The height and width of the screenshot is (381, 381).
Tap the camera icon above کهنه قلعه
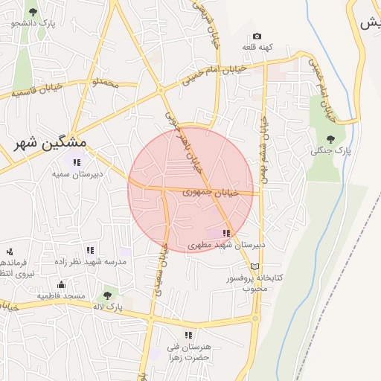click(257, 36)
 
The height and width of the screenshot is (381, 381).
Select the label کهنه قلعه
click(257, 47)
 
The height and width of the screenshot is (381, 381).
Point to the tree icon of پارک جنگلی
click(330, 139)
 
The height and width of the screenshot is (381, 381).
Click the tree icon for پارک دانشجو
click(33, 12)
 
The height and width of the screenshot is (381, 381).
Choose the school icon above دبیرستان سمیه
click(77, 162)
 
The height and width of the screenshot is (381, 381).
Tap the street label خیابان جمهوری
click(211, 192)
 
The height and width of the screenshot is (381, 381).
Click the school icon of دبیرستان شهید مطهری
click(226, 234)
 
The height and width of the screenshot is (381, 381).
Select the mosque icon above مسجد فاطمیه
click(61, 284)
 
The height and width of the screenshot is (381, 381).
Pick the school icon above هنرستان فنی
click(188, 336)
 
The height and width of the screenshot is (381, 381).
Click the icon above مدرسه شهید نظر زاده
click(90, 251)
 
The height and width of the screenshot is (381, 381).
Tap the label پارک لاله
click(107, 307)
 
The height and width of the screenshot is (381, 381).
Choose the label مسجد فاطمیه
click(62, 295)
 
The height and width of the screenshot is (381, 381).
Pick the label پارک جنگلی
click(330, 151)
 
